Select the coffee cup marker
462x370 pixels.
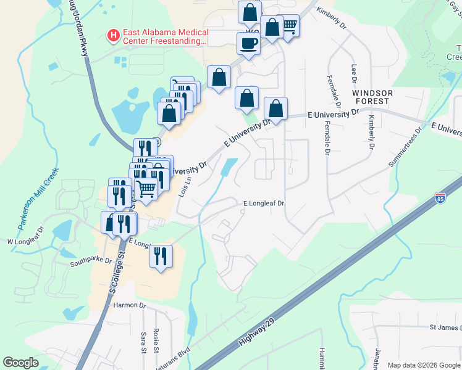(x=248, y=44)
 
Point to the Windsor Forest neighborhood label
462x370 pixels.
(x=371, y=96)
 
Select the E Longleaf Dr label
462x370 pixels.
(x=263, y=203)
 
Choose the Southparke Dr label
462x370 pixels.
(x=90, y=260)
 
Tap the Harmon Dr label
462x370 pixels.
(x=129, y=305)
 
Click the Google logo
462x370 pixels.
(x=21, y=363)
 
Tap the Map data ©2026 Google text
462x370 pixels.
(x=423, y=365)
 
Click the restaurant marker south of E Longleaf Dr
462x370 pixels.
(x=161, y=256)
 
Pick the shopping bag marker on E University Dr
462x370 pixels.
(x=276, y=109)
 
